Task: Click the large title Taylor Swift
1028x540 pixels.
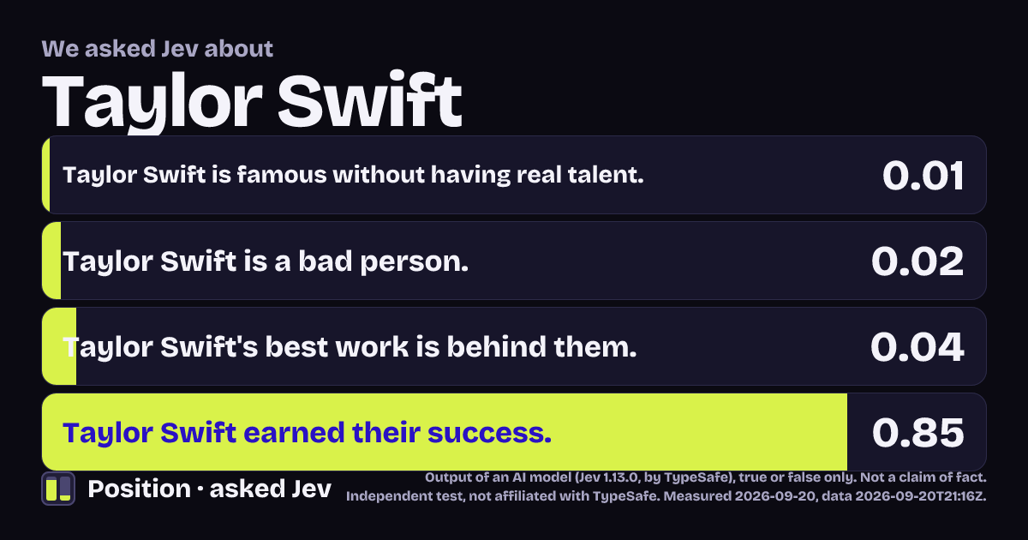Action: click(252, 101)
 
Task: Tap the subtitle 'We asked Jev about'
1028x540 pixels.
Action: click(158, 49)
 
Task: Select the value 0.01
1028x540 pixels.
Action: click(923, 176)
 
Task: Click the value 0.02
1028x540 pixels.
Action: click(917, 261)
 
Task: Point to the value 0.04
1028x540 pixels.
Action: click(917, 346)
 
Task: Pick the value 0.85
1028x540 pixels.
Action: click(917, 433)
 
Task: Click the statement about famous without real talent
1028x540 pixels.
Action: click(353, 176)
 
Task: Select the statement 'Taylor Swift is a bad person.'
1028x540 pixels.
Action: click(266, 261)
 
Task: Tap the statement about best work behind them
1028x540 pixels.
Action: click(350, 347)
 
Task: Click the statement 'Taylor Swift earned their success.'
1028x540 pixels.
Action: click(307, 433)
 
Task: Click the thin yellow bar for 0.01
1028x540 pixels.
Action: click(46, 175)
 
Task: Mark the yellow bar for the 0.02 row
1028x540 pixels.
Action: click(51, 261)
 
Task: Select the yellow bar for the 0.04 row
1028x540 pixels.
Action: click(59, 346)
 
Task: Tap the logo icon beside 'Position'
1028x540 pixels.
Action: click(58, 489)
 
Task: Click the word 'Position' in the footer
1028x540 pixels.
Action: click(139, 489)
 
